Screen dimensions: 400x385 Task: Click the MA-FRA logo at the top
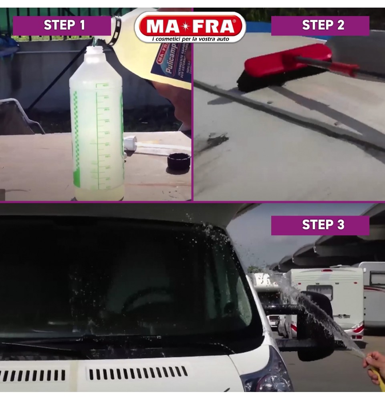click(x=190, y=26)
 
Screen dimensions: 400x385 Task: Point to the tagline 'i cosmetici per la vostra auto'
click(x=190, y=38)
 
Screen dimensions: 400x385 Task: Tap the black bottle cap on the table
click(x=178, y=161)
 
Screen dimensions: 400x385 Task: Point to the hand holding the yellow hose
click(x=374, y=362)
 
